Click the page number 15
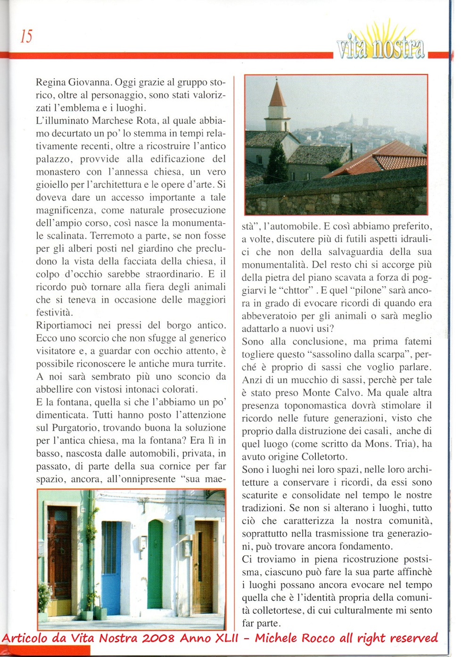pyautogui.click(x=26, y=36)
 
